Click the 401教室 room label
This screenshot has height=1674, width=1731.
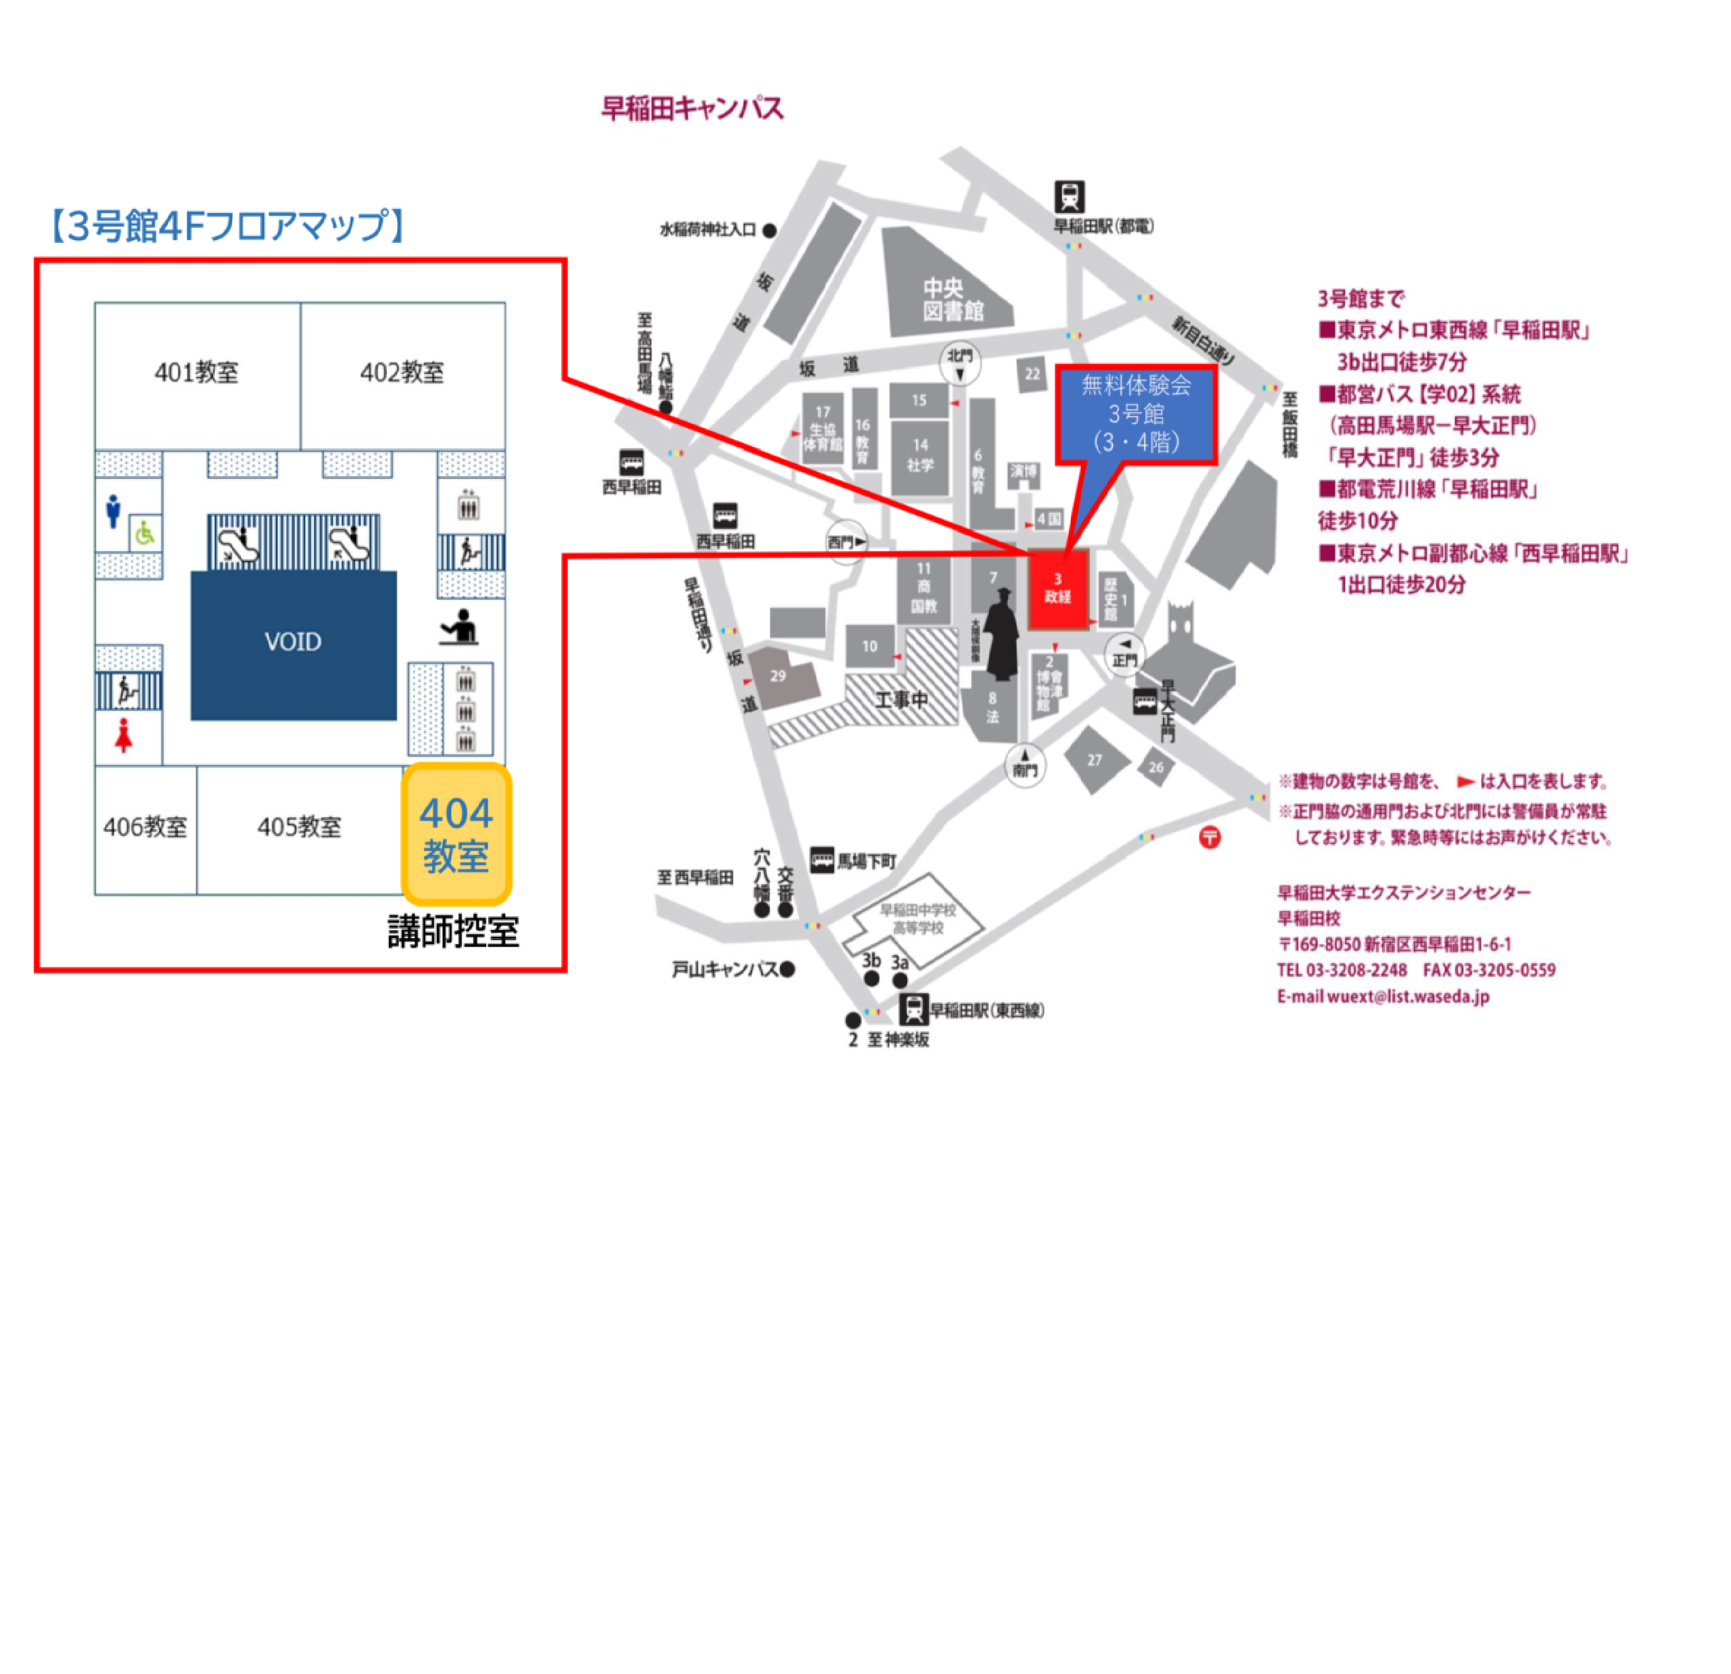click(x=196, y=372)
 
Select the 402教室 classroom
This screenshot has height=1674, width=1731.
click(x=402, y=372)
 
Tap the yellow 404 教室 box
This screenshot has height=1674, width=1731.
click(x=456, y=833)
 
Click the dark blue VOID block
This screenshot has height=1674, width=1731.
click(x=293, y=643)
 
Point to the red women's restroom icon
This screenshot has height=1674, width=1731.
click(x=124, y=736)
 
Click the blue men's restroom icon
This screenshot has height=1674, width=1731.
click(x=113, y=511)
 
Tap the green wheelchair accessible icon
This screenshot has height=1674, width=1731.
click(x=145, y=533)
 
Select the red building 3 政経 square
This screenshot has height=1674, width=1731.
click(x=1057, y=588)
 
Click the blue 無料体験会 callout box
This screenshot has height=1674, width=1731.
click(x=1136, y=413)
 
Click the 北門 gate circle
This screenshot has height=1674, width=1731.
click(x=960, y=363)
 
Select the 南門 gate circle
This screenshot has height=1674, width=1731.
click(x=1024, y=764)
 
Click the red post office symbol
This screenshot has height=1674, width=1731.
click(x=1209, y=837)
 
